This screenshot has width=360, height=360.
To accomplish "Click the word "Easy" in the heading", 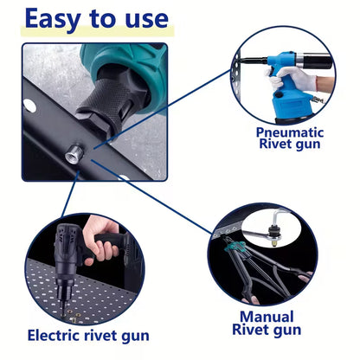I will point(60,20).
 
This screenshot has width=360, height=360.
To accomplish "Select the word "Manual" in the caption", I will point(266,317).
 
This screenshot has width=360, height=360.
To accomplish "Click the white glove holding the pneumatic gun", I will point(324,83).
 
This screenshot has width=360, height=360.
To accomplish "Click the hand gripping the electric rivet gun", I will point(104,249).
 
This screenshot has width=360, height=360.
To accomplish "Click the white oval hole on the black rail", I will point(30,106).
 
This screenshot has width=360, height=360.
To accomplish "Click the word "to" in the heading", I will point(107,20).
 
